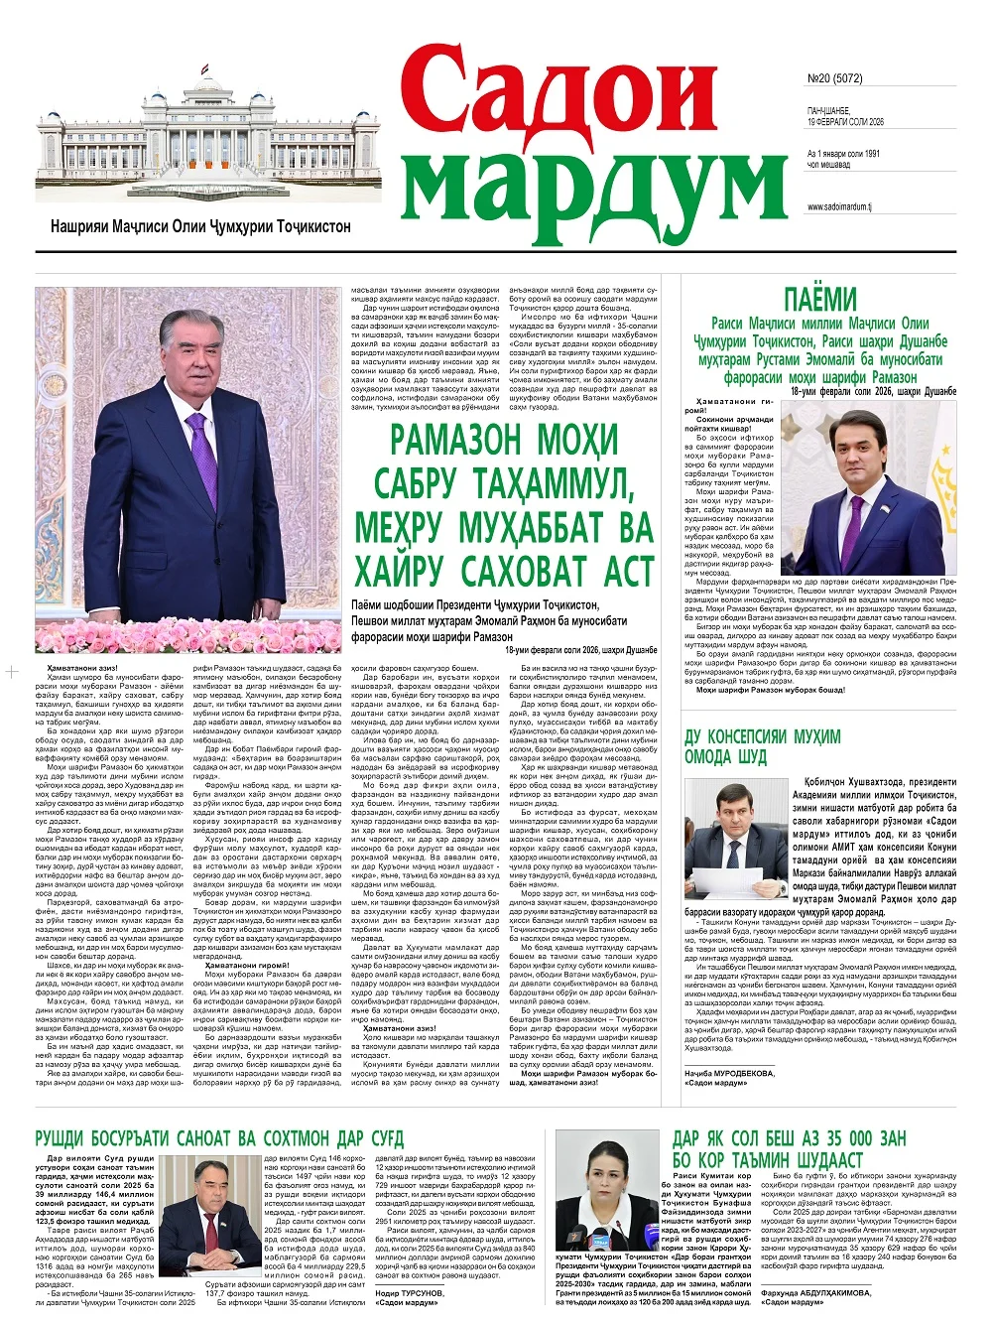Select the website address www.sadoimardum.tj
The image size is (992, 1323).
pos(839,207)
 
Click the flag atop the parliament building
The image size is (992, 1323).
pos(206,71)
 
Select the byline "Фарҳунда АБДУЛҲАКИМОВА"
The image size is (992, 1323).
pos(821,1293)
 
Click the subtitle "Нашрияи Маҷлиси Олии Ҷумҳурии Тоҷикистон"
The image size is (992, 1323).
pos(200,227)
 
